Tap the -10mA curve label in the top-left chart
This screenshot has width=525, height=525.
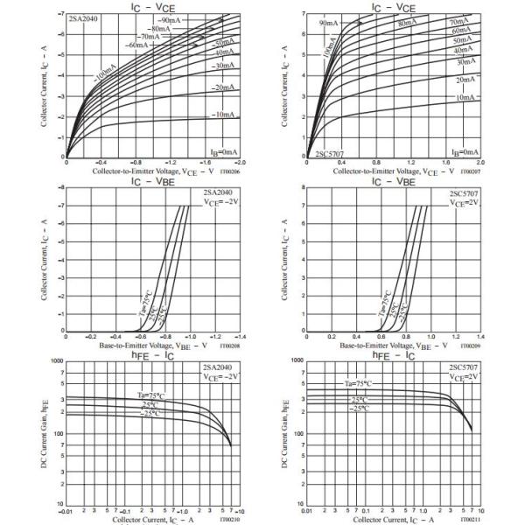[x=199, y=115]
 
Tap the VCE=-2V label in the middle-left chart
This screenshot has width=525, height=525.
[x=222, y=203]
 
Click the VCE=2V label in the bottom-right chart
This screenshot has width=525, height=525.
[x=464, y=377]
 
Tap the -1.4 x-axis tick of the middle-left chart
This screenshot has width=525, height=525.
[x=239, y=336]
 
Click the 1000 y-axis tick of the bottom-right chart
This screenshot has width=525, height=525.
[x=297, y=360]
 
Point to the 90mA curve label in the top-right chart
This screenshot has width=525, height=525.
[x=329, y=22]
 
